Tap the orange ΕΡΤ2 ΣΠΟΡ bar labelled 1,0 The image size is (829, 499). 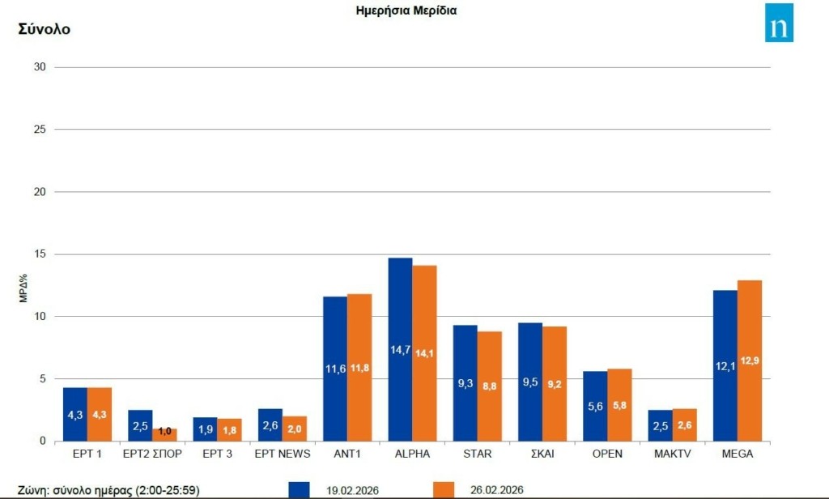point(164,435)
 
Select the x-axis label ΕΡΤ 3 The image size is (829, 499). point(217,454)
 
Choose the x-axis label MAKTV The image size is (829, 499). point(672,454)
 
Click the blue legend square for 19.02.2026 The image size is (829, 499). point(299,490)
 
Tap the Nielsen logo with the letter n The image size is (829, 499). point(779,22)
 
